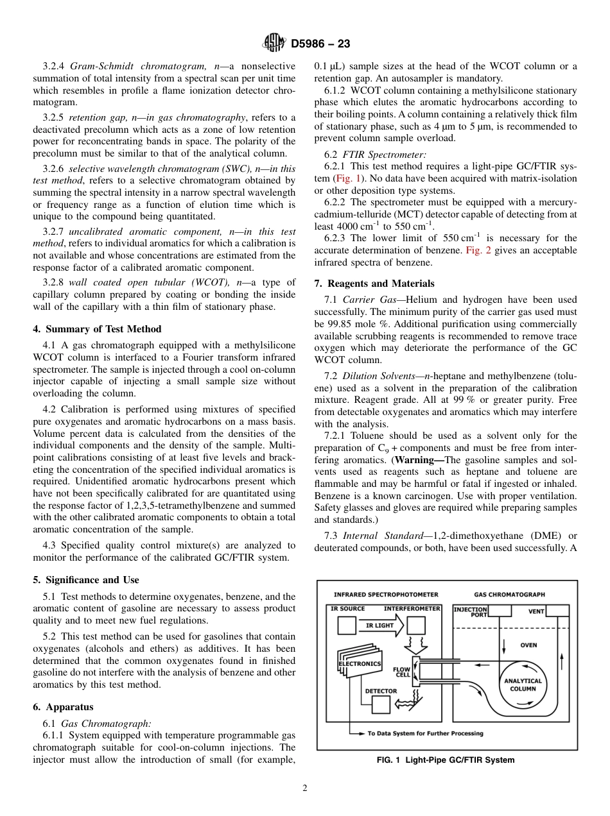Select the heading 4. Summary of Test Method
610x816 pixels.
pyautogui.click(x=97, y=329)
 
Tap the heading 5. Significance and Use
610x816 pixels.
pyautogui.click(x=86, y=580)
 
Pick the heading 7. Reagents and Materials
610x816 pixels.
pyautogui.click(x=374, y=284)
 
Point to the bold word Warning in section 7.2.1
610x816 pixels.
pyautogui.click(x=416, y=460)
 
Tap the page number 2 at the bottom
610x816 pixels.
pyautogui.click(x=305, y=788)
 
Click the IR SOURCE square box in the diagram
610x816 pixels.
pyautogui.click(x=347, y=625)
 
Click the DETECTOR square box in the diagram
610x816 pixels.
pyautogui.click(x=381, y=704)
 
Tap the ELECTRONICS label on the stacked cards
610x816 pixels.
pyautogui.click(x=360, y=664)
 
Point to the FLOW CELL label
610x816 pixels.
pyautogui.click(x=403, y=672)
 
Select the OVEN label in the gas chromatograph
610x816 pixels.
pyautogui.click(x=528, y=645)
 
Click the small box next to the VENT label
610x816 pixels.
pyautogui.click(x=558, y=611)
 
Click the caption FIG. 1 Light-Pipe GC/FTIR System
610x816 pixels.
pyautogui.click(x=446, y=760)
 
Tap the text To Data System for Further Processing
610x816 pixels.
pyautogui.click(x=425, y=733)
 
